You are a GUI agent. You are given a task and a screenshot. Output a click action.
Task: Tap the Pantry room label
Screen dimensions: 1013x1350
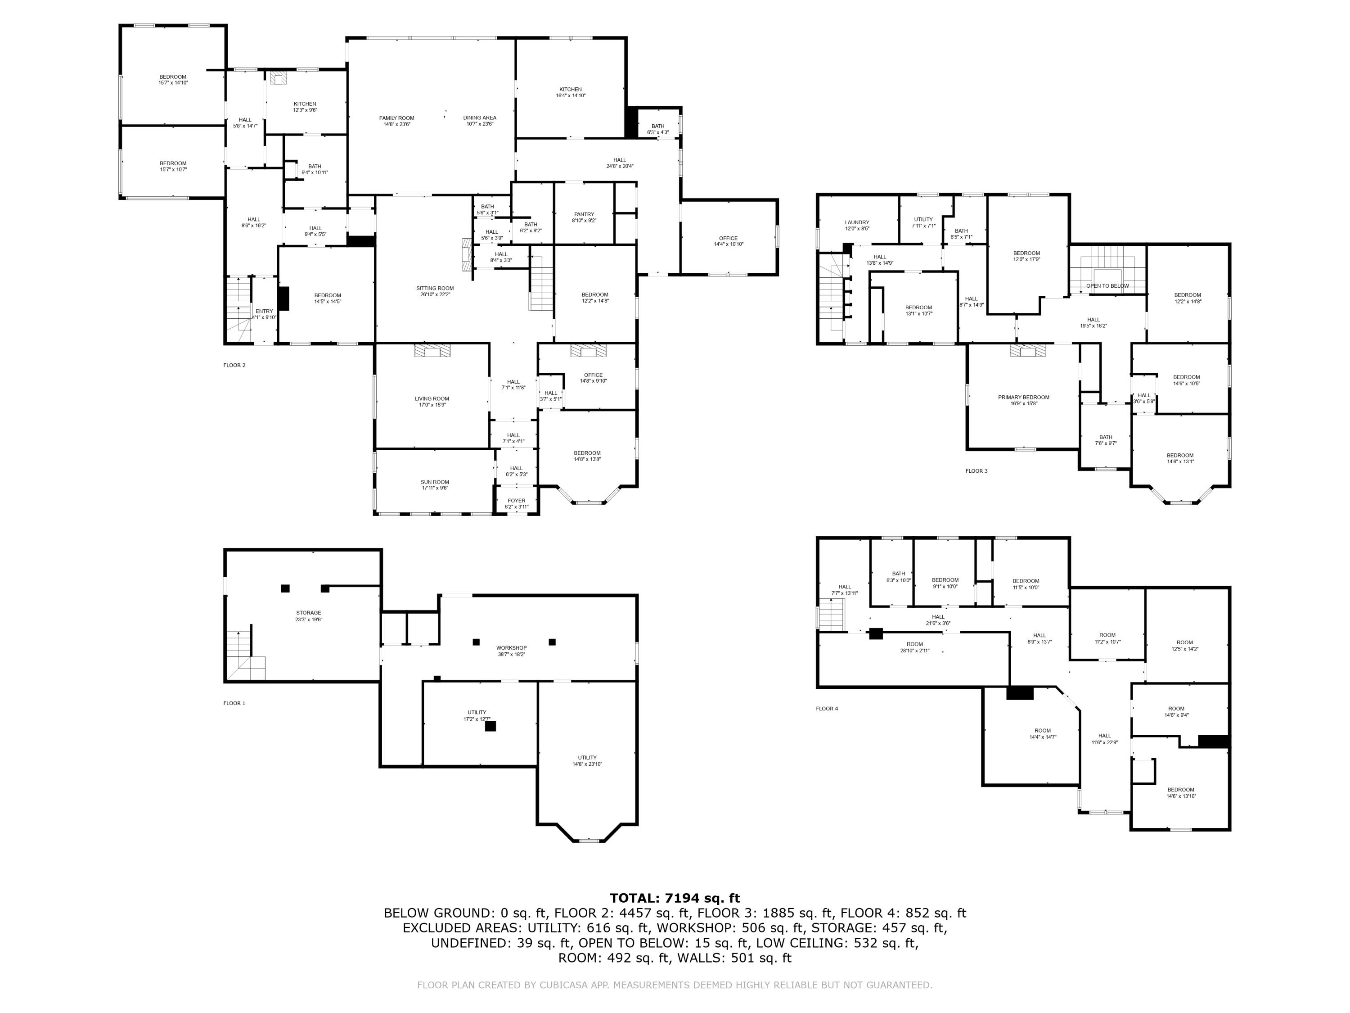click(584, 214)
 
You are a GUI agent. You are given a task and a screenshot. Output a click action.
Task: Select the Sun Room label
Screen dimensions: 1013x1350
click(435, 482)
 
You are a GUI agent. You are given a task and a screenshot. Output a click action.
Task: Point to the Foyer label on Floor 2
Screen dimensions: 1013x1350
click(516, 501)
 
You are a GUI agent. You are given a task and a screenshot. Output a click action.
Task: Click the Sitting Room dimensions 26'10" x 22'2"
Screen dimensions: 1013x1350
click(435, 294)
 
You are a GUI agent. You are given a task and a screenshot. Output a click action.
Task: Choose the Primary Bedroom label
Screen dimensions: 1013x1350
click(1023, 398)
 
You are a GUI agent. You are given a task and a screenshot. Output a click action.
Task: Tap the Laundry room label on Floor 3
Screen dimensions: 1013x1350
click(857, 222)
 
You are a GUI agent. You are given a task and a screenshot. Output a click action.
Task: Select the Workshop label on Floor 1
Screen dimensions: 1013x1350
click(511, 648)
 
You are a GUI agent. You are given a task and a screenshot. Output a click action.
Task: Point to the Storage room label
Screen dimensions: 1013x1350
click(308, 612)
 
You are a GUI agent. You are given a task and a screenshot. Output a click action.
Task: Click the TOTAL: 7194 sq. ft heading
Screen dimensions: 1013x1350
click(675, 898)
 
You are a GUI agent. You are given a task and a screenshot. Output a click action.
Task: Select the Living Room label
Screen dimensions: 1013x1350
click(432, 399)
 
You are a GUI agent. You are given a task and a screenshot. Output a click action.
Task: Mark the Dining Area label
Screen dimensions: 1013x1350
click(479, 118)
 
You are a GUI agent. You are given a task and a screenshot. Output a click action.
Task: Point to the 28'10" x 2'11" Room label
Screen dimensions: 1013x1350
click(914, 644)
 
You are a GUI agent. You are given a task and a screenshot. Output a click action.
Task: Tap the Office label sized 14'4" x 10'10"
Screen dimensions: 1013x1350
click(728, 238)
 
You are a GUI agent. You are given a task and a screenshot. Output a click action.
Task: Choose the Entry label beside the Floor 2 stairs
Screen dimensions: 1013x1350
click(264, 312)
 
